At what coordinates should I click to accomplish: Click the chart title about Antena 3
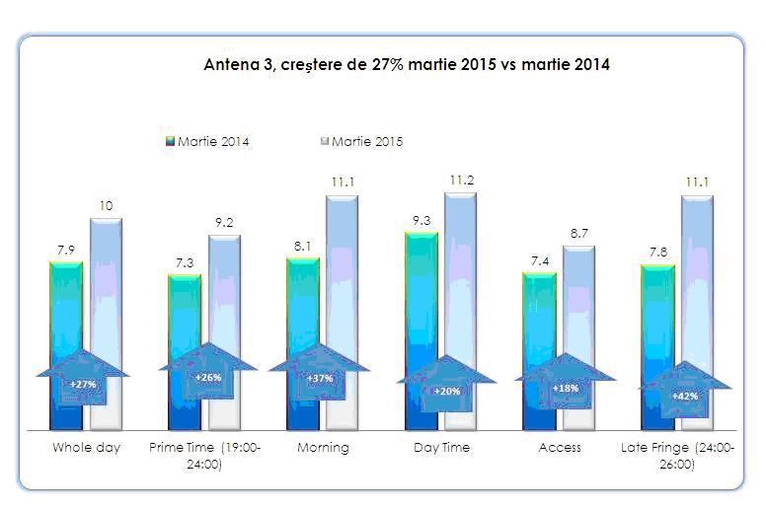[x=406, y=65]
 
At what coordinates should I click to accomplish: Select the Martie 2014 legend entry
[x=207, y=141]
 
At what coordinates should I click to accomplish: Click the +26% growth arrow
[x=207, y=377]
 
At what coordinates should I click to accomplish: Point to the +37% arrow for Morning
[x=319, y=378]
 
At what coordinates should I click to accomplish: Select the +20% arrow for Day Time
[x=446, y=389]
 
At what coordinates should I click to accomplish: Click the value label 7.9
[x=66, y=251]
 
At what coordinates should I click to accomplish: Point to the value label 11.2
[x=459, y=181]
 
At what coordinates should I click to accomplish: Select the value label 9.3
[x=421, y=221]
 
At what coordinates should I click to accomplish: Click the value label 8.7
[x=577, y=234]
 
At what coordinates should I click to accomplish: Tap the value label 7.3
[x=185, y=262]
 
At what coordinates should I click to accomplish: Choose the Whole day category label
[x=86, y=447]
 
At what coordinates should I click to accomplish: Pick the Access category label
[x=560, y=447]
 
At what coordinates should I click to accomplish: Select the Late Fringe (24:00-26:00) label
[x=678, y=455]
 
